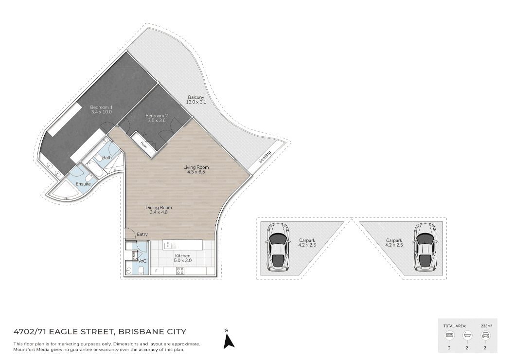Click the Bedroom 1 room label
[x=101, y=107]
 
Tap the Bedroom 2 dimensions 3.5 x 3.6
[x=157, y=120]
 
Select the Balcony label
[x=196, y=97]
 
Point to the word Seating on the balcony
[x=265, y=157]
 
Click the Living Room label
[x=196, y=167]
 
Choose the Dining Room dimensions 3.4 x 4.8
[x=159, y=212]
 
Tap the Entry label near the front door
[x=142, y=234]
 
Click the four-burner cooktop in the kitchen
[x=180, y=271]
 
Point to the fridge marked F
[x=157, y=271]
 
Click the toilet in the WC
[x=142, y=270]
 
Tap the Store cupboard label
[x=134, y=255]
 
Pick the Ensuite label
[x=83, y=184]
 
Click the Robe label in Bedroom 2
[x=143, y=144]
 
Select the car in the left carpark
[x=278, y=248]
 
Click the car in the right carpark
[x=425, y=248]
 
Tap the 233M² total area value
[x=486, y=326]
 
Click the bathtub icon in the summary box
[x=467, y=335]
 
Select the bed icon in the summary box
[x=449, y=335]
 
